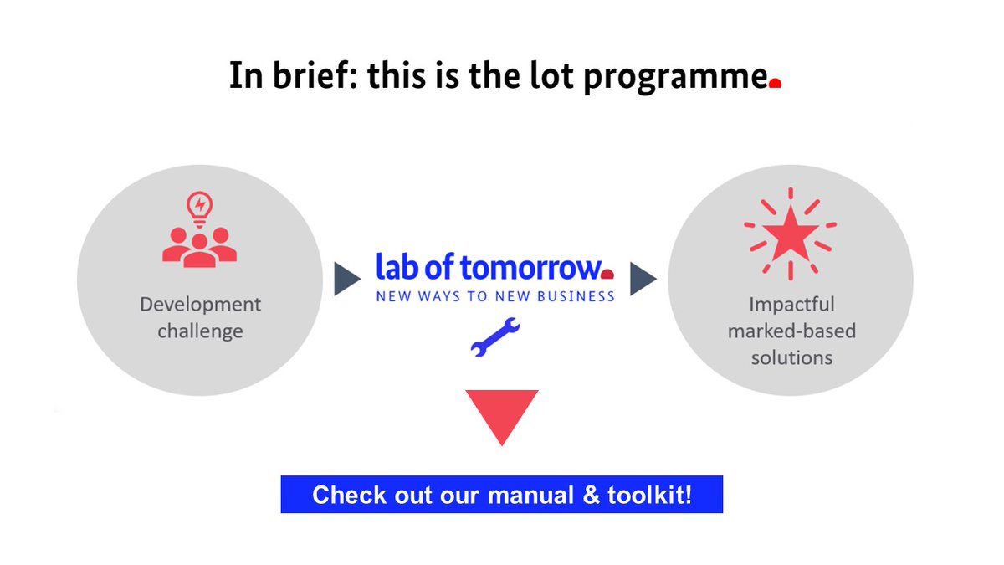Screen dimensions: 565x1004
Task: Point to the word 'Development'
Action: (200, 304)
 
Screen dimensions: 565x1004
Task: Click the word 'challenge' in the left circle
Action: (200, 331)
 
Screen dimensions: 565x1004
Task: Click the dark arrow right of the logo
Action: (643, 279)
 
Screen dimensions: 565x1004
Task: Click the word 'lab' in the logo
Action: (397, 267)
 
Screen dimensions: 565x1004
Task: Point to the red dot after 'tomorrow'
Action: (607, 274)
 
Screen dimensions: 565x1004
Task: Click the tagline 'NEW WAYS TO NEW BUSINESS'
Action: (494, 295)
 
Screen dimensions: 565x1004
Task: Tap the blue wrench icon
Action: (495, 338)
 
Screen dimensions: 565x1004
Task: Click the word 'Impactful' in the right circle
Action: (791, 304)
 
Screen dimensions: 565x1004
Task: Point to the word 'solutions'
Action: (791, 357)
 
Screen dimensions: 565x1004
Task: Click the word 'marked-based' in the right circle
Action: (791, 331)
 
